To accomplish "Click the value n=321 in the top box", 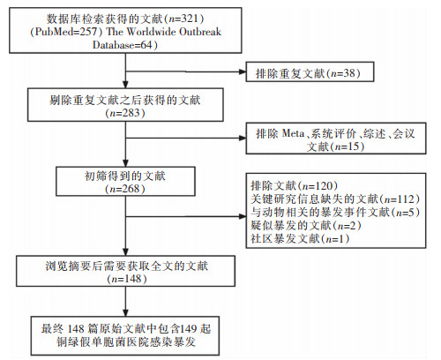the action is pos(183,19).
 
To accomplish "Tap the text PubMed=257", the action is pos(66,32).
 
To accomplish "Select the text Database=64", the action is pos(123,45).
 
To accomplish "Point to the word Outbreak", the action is pos(200,32).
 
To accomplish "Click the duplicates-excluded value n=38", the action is pos(343,73).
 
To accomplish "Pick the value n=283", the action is pos(125,113).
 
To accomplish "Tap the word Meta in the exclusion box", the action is pos(293,134).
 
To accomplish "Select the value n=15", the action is pos(348,146).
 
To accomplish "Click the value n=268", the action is pos(125,189).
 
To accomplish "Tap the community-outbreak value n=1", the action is pos(335,238).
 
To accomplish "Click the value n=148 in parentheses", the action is pos(127,279).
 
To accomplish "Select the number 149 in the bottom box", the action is pos(189,328).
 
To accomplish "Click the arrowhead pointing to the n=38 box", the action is pos(243,71).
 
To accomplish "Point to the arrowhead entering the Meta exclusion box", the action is pos(243,138).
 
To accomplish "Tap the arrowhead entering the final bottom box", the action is pos(125,313).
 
